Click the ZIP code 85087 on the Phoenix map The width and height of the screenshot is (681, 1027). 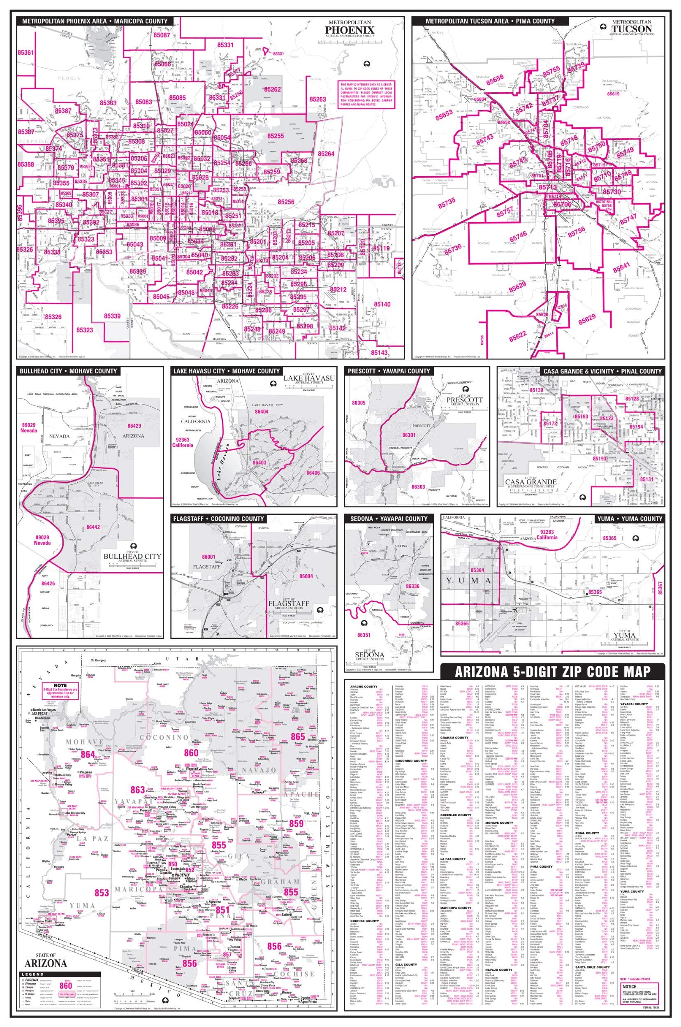click(162, 35)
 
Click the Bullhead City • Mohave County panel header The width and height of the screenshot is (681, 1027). click(68, 371)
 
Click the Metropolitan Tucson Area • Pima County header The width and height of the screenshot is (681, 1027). click(490, 21)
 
